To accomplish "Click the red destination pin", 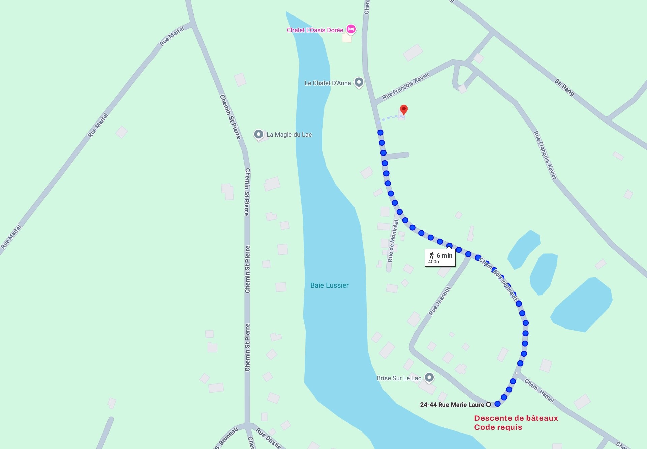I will coord(404,110).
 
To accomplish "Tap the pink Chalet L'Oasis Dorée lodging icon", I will coord(351,29).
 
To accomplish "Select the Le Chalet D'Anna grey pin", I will coord(359,82).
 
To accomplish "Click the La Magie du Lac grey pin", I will coord(258,134).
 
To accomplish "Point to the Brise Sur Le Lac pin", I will coord(429,377).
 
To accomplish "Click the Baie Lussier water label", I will coord(329,285).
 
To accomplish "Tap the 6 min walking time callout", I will coord(440,258).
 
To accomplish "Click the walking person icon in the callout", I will coord(431,255).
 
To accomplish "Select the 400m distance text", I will coord(434,262).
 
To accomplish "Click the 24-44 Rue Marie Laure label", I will coord(452,405).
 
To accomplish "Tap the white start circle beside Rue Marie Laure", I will coord(488,405).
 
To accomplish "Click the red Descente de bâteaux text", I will coord(516,418).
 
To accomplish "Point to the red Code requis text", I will coord(498,427).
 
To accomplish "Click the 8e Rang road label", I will coord(564,87).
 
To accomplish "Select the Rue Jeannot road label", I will coord(439,301).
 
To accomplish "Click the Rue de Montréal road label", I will coord(393,241).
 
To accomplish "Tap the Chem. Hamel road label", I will coord(539,391).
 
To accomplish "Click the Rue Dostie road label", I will coord(268,438).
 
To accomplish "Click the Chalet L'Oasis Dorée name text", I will coord(315,30).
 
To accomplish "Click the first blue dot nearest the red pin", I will coord(380,133).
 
